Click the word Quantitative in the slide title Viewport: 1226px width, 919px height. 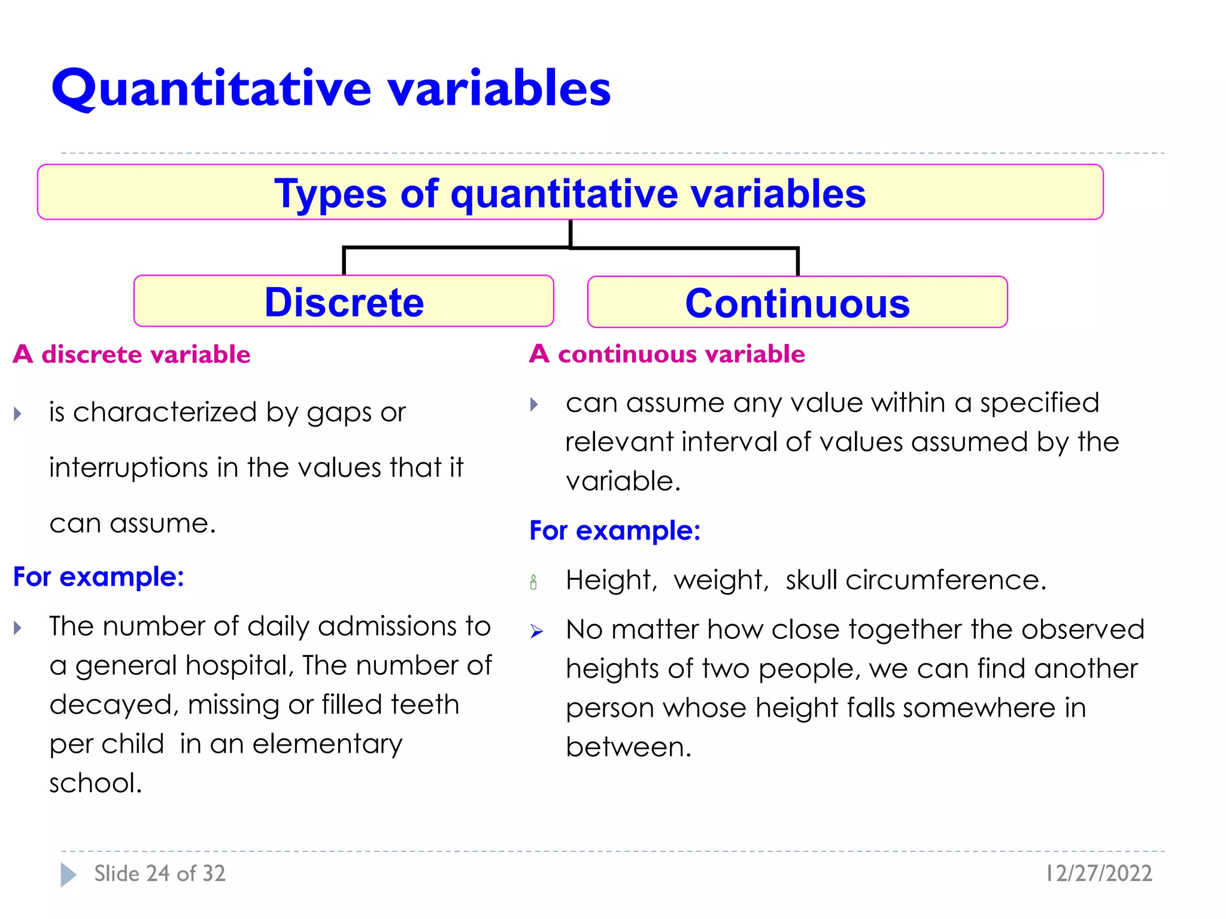pyautogui.click(x=212, y=89)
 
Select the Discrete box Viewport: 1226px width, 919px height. pyautogui.click(x=344, y=301)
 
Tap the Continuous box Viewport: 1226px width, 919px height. pyautogui.click(x=797, y=303)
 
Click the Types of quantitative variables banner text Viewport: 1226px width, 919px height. pyautogui.click(x=570, y=193)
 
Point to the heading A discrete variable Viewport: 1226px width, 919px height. pyautogui.click(x=132, y=354)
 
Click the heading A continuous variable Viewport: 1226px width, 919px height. pyautogui.click(x=667, y=354)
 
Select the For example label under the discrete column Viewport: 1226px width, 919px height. pyautogui.click(x=99, y=577)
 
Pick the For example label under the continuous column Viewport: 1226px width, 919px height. pyautogui.click(x=615, y=531)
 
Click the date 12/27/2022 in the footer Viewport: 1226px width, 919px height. pyautogui.click(x=1098, y=874)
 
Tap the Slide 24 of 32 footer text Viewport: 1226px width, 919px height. pyautogui.click(x=160, y=874)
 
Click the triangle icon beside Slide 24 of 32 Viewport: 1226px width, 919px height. pyautogui.click(x=68, y=875)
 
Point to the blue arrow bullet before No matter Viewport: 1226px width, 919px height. pyautogui.click(x=536, y=631)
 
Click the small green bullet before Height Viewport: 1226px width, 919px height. pyautogui.click(x=533, y=582)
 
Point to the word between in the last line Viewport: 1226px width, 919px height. pyautogui.click(x=628, y=747)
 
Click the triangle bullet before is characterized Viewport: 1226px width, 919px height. pyautogui.click(x=18, y=413)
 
